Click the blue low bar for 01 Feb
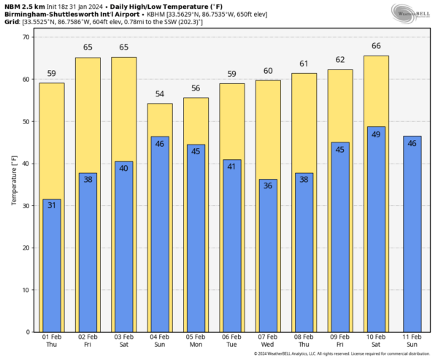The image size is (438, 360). pyautogui.click(x=52, y=270)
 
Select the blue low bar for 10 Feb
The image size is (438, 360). pyautogui.click(x=376, y=234)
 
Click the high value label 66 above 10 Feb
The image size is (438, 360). pyautogui.click(x=376, y=46)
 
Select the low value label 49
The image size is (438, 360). pyautogui.click(x=376, y=134)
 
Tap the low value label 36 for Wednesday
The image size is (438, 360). pyautogui.click(x=268, y=186)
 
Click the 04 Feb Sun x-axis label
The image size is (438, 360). pyautogui.click(x=160, y=340)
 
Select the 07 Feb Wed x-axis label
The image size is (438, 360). pyautogui.click(x=268, y=340)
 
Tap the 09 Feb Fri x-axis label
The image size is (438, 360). pyautogui.click(x=340, y=340)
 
